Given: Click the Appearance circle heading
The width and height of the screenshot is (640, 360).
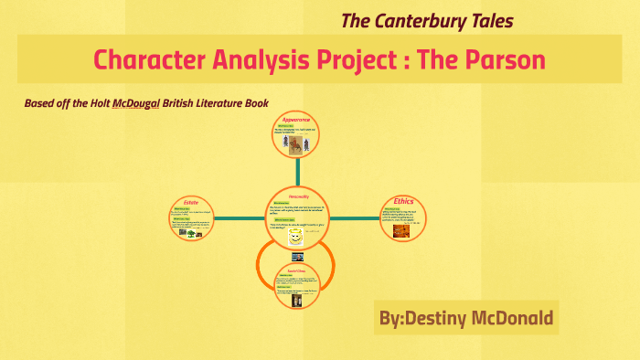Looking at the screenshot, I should tap(295, 120).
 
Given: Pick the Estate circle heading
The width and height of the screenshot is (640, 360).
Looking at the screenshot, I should tap(191, 201).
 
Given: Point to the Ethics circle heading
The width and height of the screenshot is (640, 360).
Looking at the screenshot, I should tap(403, 201).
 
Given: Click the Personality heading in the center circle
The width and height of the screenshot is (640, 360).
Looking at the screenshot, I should tap(295, 196).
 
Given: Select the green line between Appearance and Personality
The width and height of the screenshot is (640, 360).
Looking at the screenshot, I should tap(295, 172).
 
